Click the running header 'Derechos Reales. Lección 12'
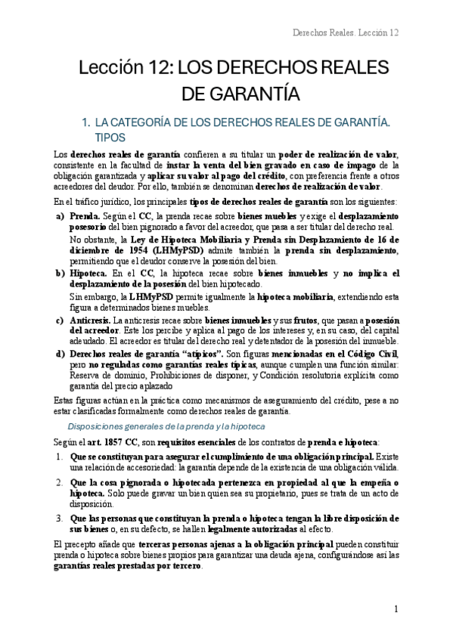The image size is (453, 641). click(x=345, y=33)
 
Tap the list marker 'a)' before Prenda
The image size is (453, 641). click(x=61, y=215)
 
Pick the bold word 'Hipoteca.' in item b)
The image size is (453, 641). click(x=89, y=272)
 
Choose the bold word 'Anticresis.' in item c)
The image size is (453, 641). click(x=90, y=321)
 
